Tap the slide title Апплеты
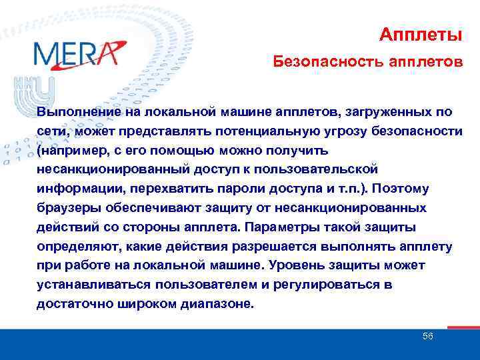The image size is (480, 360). [421, 34]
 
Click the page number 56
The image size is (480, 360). [428, 336]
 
